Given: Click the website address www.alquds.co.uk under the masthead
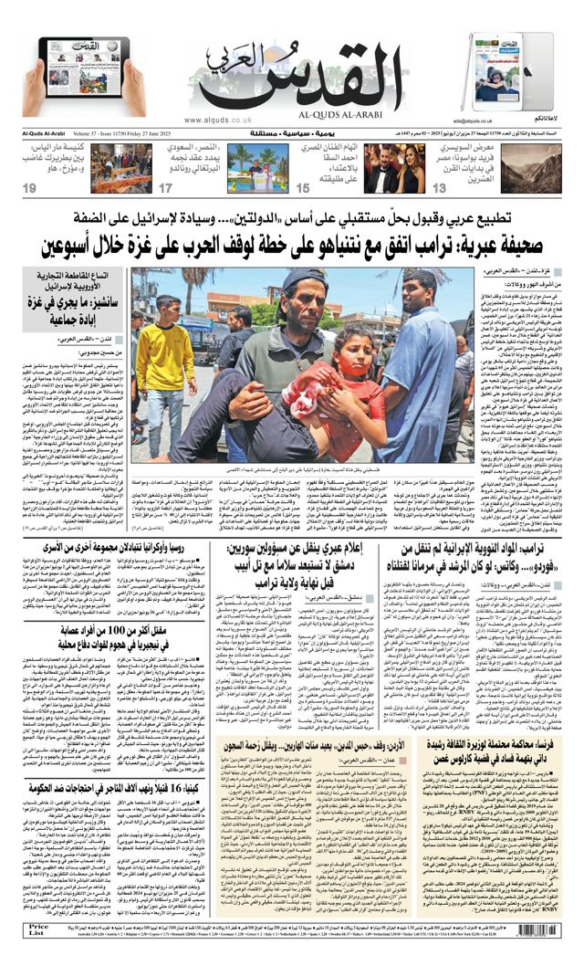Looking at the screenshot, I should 217,120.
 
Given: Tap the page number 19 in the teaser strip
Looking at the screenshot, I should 30,188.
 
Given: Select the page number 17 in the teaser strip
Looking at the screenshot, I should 165,188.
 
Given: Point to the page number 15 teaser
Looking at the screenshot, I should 303,188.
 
